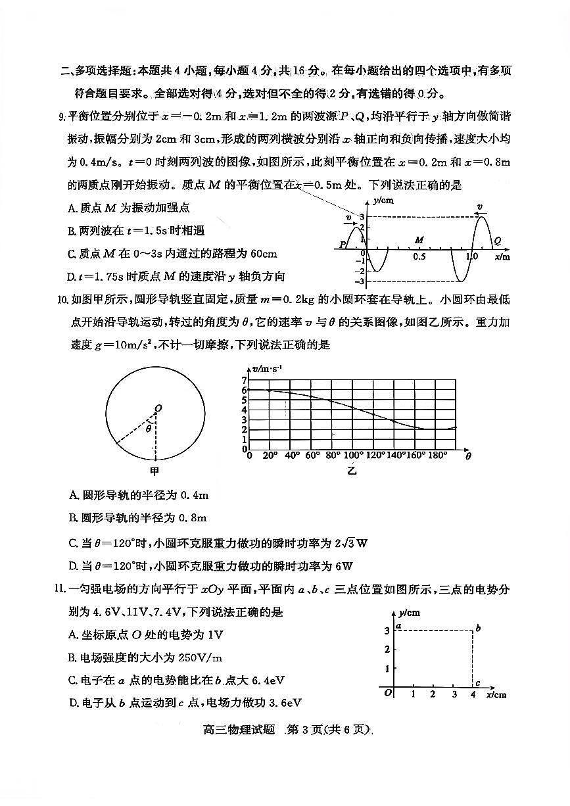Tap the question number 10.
click(63, 300)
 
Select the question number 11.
click(62, 590)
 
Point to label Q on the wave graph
click(497, 241)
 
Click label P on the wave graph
click(343, 245)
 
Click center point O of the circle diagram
click(158, 409)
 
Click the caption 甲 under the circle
click(155, 471)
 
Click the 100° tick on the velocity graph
click(353, 456)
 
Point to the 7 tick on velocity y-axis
click(244, 381)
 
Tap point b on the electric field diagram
click(478, 629)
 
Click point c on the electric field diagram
click(478, 684)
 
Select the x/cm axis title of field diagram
click(497, 694)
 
